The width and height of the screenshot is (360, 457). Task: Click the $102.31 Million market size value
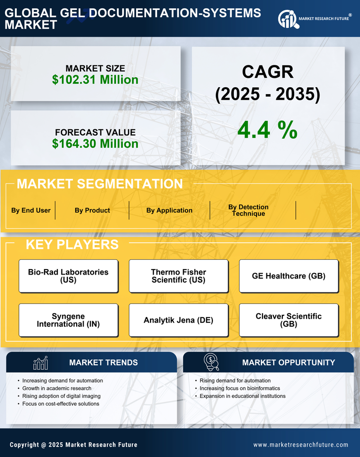[x=95, y=80]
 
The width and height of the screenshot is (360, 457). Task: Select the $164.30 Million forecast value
[x=95, y=144]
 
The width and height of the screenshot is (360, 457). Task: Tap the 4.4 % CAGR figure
[x=267, y=129]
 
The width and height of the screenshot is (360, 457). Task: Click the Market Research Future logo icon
[x=288, y=19]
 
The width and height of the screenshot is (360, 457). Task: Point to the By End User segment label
[x=31, y=210]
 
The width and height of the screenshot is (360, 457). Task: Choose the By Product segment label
[x=92, y=210]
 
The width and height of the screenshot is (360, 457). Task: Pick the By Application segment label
[x=169, y=210]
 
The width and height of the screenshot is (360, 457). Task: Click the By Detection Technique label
[x=248, y=210]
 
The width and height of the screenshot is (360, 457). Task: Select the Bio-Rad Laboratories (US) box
[x=68, y=276]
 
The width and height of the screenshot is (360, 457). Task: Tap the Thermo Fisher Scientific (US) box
[x=178, y=276]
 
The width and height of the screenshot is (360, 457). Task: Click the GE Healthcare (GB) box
[x=289, y=276]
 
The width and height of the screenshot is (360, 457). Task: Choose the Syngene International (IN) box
[x=68, y=320]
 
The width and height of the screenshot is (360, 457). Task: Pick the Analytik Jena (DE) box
[x=178, y=320]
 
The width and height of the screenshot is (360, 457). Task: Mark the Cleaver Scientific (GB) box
[x=289, y=320]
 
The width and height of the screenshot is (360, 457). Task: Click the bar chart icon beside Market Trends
[x=40, y=363]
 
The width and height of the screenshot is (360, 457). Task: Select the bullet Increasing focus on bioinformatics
[x=240, y=388]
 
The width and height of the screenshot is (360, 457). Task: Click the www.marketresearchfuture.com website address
[x=301, y=445]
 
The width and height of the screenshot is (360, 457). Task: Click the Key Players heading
[x=72, y=244]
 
